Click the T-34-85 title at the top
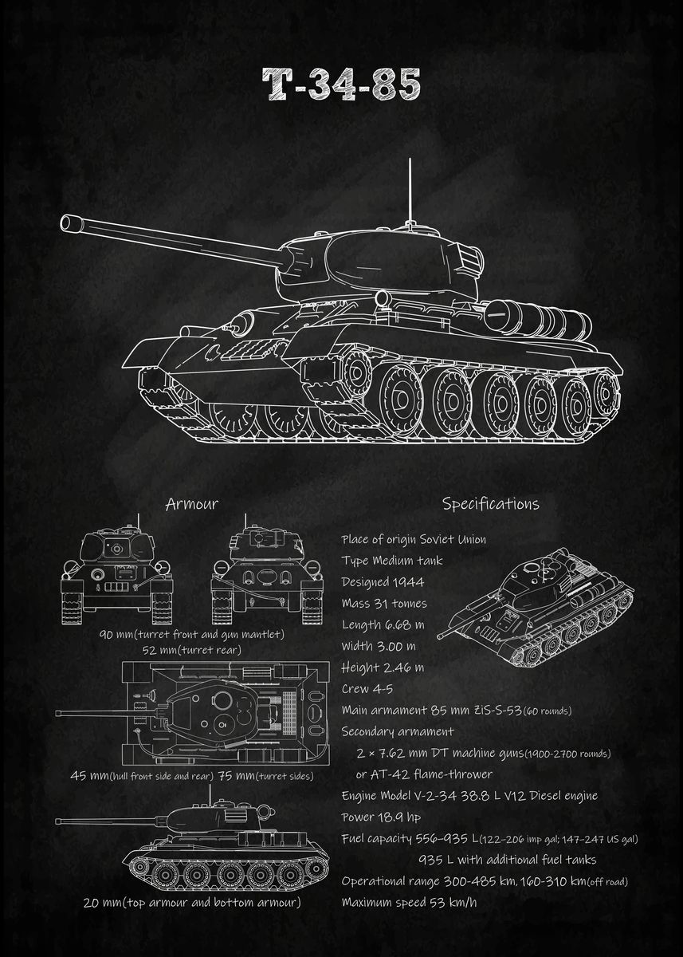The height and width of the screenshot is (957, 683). click(341, 85)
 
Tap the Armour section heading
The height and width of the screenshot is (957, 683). click(191, 504)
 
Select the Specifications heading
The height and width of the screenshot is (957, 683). click(490, 504)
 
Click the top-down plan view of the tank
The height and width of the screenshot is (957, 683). click(223, 712)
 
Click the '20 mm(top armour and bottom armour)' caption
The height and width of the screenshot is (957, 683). click(191, 903)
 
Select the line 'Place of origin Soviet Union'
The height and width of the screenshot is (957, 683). click(413, 540)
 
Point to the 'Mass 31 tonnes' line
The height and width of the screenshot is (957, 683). click(383, 604)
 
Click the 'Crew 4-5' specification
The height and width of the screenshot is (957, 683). click(367, 689)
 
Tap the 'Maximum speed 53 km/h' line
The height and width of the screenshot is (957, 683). click(409, 903)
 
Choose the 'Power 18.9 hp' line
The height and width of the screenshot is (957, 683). click(381, 817)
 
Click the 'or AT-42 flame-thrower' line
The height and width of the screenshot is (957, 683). click(423, 774)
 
